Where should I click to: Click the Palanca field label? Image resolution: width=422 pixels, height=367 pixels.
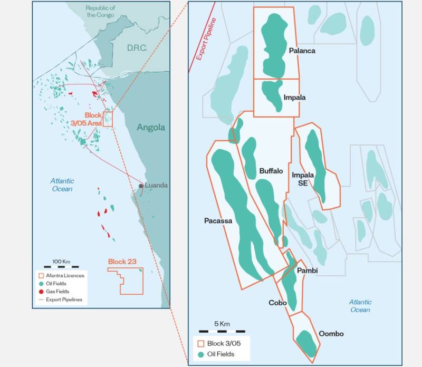point(302,51)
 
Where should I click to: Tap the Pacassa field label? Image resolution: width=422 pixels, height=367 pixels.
point(218,221)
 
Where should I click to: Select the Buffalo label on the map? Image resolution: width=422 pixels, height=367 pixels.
point(271,171)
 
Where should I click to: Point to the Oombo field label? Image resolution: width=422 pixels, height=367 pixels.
point(331,334)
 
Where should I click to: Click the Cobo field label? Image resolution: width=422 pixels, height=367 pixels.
point(277,303)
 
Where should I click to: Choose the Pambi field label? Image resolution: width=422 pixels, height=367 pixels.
point(307,271)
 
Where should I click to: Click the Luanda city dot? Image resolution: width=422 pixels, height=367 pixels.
point(141,186)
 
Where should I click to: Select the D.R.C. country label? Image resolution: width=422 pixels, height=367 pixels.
point(136,48)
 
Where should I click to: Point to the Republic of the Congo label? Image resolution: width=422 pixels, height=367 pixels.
point(100,12)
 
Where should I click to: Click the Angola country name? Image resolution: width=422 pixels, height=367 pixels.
point(151,127)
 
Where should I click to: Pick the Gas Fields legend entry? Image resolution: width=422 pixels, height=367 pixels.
point(55,291)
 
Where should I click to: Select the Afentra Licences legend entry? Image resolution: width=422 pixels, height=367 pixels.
point(60,275)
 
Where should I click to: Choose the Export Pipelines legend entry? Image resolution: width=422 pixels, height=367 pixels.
point(60,300)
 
